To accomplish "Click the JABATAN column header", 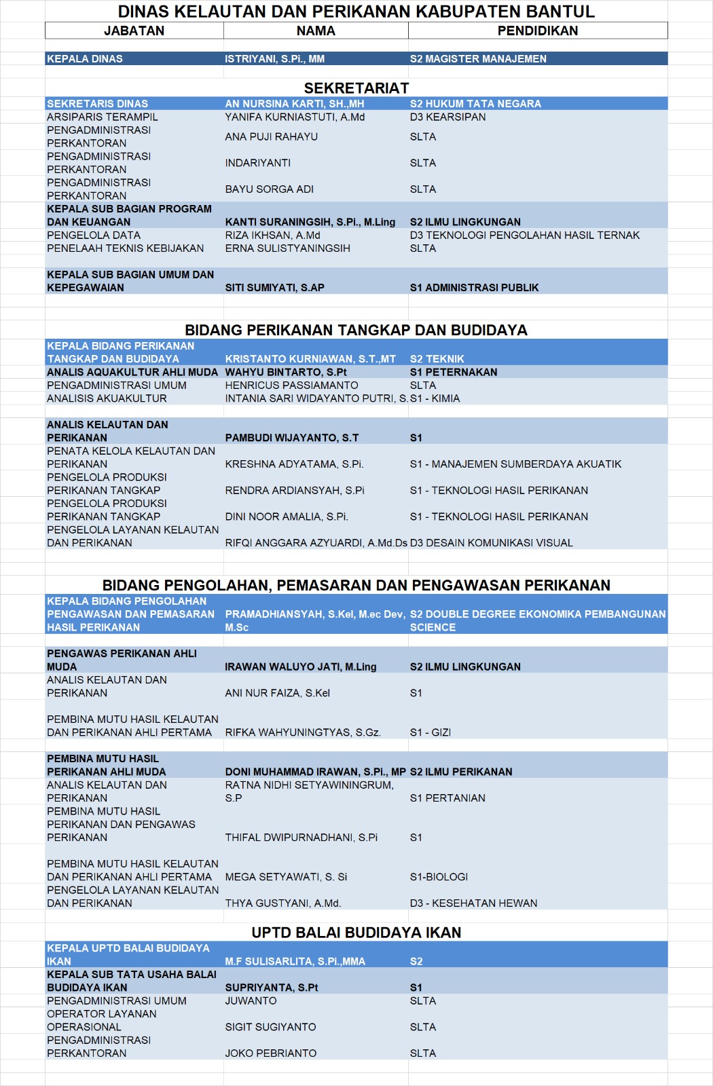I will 134,31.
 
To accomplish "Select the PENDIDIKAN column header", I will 537,31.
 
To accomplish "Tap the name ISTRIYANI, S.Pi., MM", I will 274,59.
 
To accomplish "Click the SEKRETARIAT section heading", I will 356,88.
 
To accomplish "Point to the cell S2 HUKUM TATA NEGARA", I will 475,104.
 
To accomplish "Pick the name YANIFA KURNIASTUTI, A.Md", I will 295,117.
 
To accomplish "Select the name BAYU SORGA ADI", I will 269,189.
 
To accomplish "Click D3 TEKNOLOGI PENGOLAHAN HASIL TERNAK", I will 524,236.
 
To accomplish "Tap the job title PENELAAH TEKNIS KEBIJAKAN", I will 125,248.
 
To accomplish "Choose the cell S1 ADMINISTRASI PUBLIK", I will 474,288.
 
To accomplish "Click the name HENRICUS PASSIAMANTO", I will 291,386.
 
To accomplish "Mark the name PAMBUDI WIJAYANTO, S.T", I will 291,438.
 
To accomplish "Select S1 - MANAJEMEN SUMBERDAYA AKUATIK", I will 515,464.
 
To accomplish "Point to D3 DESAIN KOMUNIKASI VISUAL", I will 491,543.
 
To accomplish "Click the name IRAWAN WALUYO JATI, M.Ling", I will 300,667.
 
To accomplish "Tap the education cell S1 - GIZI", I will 430,732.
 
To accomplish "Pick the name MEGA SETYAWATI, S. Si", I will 286,877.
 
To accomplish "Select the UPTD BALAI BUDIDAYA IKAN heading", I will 356,933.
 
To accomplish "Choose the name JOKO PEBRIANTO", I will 270,1053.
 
